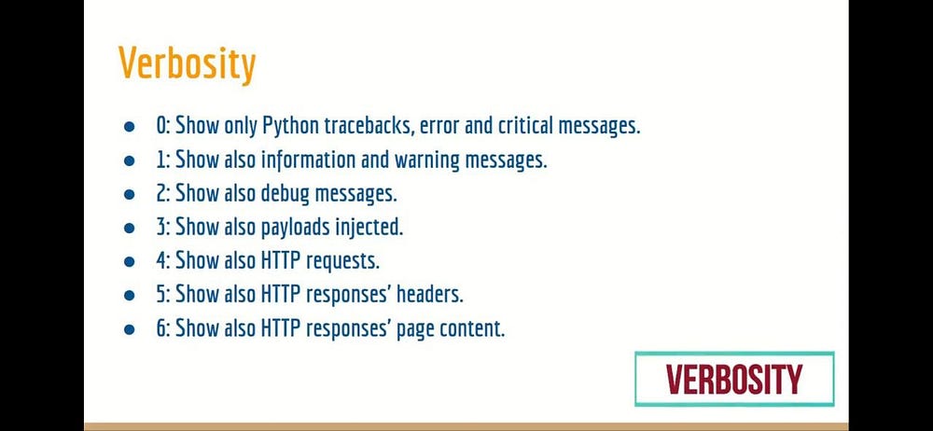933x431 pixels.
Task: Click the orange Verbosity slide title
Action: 187,63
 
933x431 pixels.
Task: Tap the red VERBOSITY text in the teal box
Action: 733,379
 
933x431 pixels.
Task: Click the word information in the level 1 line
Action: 310,160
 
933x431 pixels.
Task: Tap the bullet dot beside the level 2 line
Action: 130,195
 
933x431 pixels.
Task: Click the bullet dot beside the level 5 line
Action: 130,296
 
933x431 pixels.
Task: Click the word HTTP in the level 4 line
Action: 282,261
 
